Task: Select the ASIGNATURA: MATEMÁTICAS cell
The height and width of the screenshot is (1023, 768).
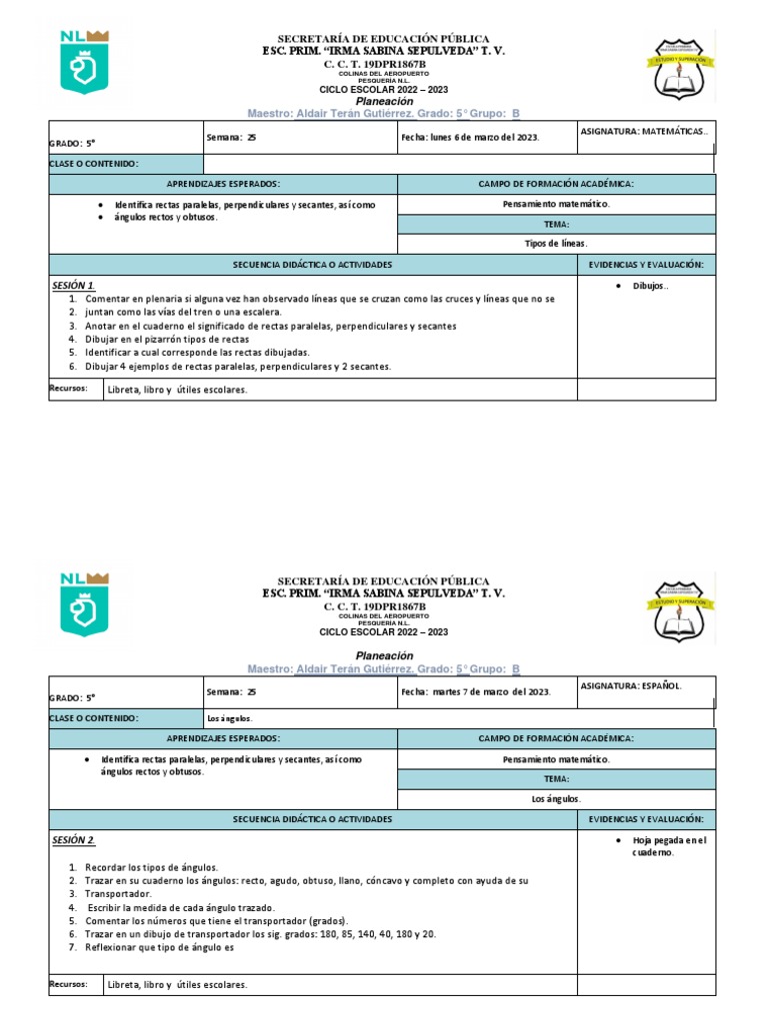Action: pyautogui.click(x=644, y=132)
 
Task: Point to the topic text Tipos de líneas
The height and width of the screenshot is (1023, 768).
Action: pyautogui.click(x=556, y=244)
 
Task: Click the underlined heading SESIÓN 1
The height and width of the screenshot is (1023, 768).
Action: pyautogui.click(x=74, y=286)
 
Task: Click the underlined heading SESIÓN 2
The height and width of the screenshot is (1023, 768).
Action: pyautogui.click(x=74, y=840)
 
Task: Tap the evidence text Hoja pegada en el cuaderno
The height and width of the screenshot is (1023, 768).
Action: pyautogui.click(x=668, y=846)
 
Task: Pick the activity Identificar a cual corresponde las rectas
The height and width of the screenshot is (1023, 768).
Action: pyautogui.click(x=197, y=353)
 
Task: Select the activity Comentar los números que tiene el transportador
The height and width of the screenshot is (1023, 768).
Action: pyautogui.click(x=216, y=921)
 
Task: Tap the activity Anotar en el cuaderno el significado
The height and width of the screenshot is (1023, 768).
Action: pyautogui.click(x=270, y=326)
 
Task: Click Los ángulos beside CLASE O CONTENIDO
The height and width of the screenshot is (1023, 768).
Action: pyautogui.click(x=229, y=718)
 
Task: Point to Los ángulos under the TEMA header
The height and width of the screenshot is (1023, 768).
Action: pyautogui.click(x=556, y=798)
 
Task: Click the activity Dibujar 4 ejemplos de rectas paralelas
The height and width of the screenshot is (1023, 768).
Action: pyautogui.click(x=238, y=367)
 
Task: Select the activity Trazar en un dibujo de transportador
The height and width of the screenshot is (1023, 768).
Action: pyautogui.click(x=260, y=934)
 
